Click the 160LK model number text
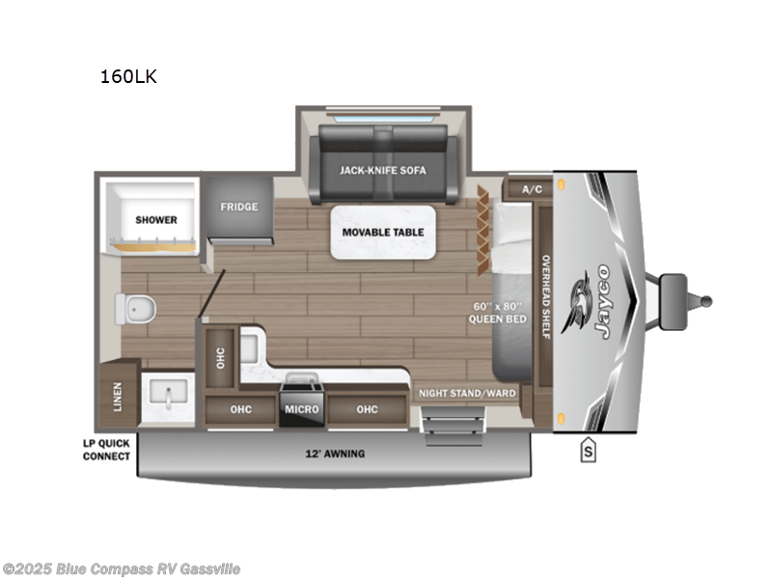pos(127,77)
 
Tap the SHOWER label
pos(155,220)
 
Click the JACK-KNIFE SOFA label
pos(382,170)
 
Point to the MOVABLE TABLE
pos(382,233)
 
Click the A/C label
pos(532,189)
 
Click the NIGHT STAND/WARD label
pos(467,394)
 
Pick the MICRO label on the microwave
pos(301,409)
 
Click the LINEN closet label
pos(118,395)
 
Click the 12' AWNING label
pos(336,454)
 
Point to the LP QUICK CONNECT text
pos(106,450)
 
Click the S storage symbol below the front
pos(587,450)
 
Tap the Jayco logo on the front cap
pos(593,301)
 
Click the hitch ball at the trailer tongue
pos(705,301)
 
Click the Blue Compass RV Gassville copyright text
pos(122,568)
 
